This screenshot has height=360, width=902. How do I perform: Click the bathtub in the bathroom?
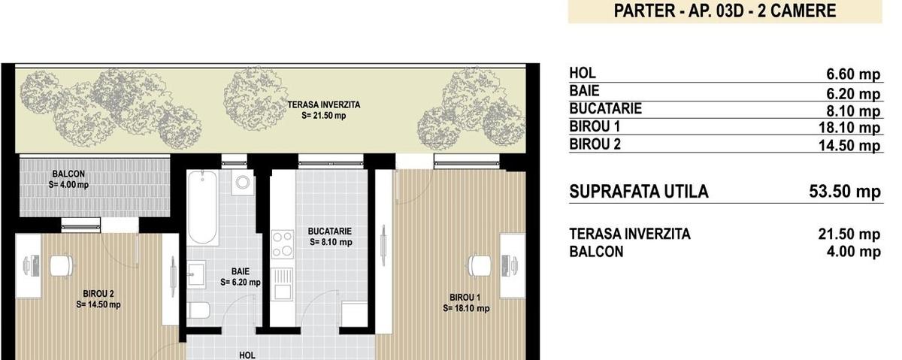[x=202, y=207]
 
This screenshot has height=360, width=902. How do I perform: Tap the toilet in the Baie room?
[x=199, y=310]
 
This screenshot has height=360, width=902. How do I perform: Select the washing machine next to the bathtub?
[x=242, y=182]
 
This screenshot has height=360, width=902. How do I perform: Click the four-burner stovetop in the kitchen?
[x=283, y=244]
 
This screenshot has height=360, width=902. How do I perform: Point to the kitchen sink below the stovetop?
[x=283, y=284]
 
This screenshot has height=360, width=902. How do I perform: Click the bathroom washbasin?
[x=196, y=274]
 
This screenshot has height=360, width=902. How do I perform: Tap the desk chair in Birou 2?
[x=62, y=266]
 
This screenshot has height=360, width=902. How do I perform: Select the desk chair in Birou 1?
[x=480, y=266]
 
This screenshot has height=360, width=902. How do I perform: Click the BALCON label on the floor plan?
[x=68, y=174]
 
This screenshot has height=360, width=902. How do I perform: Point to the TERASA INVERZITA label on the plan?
[x=324, y=104]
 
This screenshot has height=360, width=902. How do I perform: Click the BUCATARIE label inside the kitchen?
[x=329, y=231]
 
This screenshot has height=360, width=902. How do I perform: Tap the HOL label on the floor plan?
[x=247, y=355]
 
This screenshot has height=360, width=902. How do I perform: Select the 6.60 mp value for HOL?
[x=853, y=74]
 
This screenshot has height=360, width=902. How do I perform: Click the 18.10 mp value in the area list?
[x=849, y=128]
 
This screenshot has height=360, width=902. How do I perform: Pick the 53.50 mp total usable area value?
[x=845, y=192]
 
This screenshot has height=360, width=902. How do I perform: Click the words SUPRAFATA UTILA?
[x=639, y=192]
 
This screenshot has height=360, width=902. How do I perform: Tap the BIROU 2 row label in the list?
[x=595, y=144]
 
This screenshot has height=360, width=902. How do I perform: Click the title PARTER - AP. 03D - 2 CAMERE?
[x=725, y=11]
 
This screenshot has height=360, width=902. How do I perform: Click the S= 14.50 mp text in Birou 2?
[x=98, y=305]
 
